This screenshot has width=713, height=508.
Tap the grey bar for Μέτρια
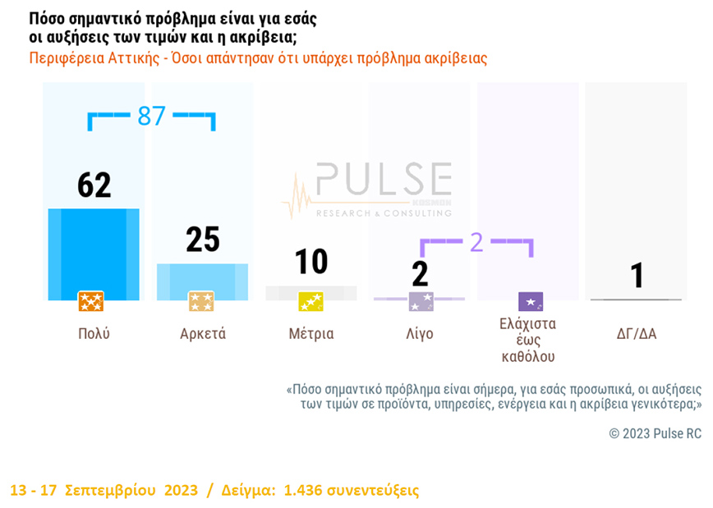coord(310,291)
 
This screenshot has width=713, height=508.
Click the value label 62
coord(94,185)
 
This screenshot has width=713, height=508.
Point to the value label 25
coord(202,239)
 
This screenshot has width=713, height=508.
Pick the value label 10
coord(310,262)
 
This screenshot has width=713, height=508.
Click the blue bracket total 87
coord(151,117)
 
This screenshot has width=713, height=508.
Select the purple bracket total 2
coord(476,242)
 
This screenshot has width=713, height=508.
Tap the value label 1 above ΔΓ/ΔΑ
coord(637,276)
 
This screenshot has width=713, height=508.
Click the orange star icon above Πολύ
coord(90,301)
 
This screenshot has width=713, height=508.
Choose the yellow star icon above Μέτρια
coord(310,301)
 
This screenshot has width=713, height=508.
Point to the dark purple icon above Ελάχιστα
coord(530,301)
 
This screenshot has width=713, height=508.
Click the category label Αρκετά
coord(202,334)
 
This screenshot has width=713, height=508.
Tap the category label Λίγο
coord(420,334)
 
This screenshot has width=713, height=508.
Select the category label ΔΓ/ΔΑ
coord(637,334)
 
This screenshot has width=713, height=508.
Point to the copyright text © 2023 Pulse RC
coord(655,433)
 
